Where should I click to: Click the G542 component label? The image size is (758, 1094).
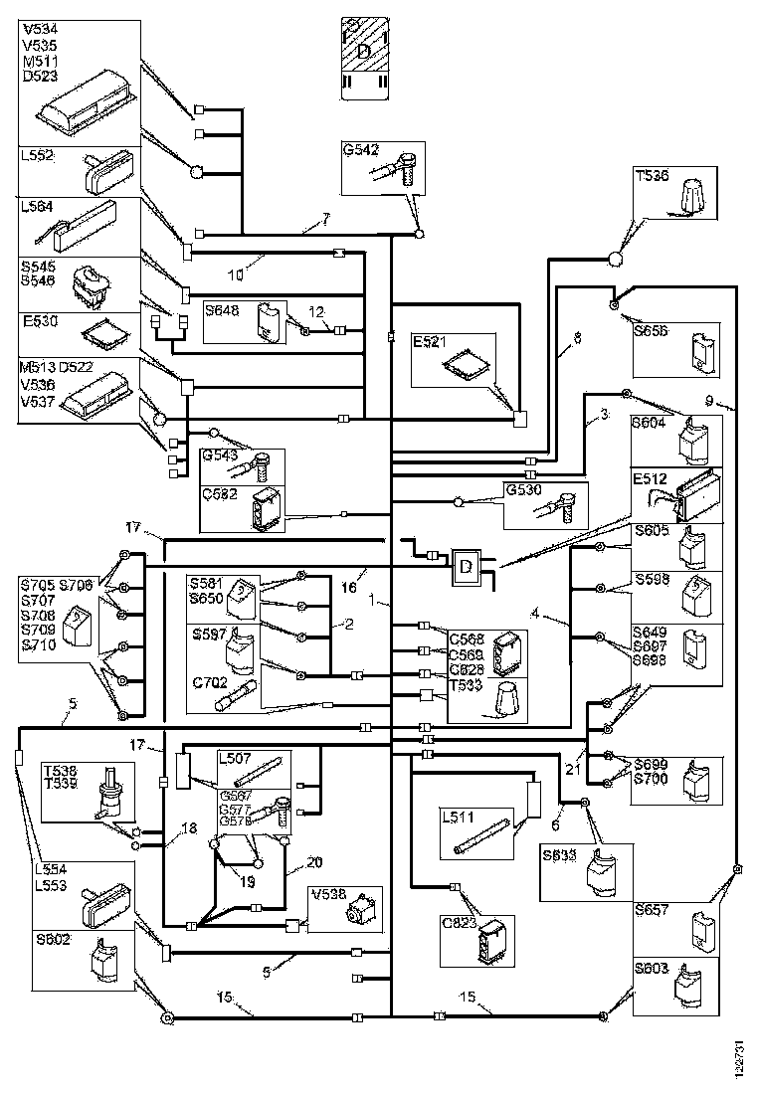tap(360, 150)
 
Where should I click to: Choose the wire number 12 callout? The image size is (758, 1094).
tap(317, 312)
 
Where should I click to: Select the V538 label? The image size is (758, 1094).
tap(326, 893)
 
